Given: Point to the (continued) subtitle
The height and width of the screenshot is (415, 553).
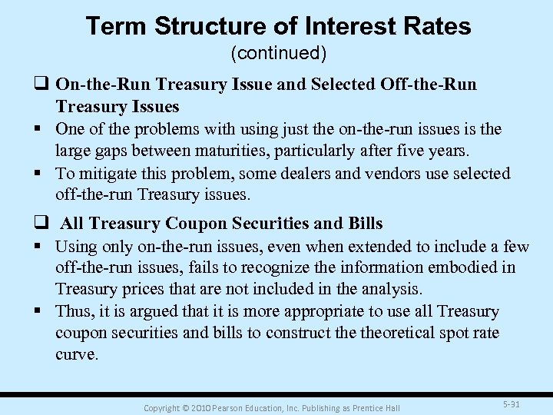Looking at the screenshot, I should click(x=277, y=54).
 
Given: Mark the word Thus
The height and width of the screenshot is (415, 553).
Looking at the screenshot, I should click(x=74, y=311).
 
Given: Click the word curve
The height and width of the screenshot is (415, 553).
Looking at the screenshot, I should click(x=76, y=354).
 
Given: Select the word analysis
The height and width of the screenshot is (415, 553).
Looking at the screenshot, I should click(x=389, y=290).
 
